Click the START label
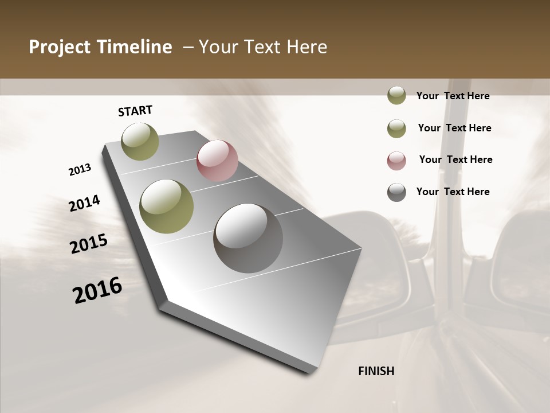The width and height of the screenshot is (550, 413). click(135, 111)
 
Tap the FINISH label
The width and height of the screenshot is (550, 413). click(376, 371)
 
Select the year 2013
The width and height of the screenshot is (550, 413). click(80, 170)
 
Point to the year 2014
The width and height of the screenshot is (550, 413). click(85, 204)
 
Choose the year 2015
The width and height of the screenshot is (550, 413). click(89, 244)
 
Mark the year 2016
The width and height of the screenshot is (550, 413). click(97, 290)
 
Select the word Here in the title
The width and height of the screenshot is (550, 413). click(307, 47)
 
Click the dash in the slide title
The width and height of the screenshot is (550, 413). click(188, 47)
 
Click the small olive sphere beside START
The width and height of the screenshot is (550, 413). click(140, 141)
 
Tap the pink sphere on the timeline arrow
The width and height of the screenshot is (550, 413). click(217, 161)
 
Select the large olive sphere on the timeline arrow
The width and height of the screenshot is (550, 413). click(167, 206)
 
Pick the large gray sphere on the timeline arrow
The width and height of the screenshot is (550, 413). click(248, 238)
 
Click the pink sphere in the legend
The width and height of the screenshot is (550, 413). click(396, 160)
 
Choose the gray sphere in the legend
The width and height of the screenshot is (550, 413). click(396, 192)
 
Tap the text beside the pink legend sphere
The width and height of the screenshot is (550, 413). click(455, 159)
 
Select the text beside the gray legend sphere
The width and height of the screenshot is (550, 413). click(453, 192)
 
